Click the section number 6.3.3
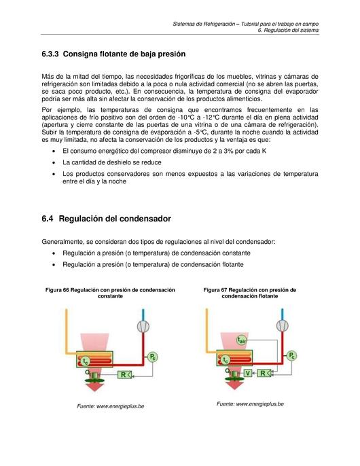(x=50, y=54)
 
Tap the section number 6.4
(x=48, y=219)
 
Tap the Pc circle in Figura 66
(x=153, y=357)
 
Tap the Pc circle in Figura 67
(x=291, y=355)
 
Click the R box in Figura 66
(x=125, y=375)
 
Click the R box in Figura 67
(x=264, y=373)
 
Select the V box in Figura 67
(x=248, y=373)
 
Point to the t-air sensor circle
(x=242, y=340)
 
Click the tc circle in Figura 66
(x=85, y=361)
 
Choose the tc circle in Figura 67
(x=226, y=360)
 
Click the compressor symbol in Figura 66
(x=143, y=327)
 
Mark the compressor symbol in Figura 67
(x=283, y=326)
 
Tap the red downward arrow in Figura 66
(x=95, y=387)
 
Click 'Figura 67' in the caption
(x=215, y=290)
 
